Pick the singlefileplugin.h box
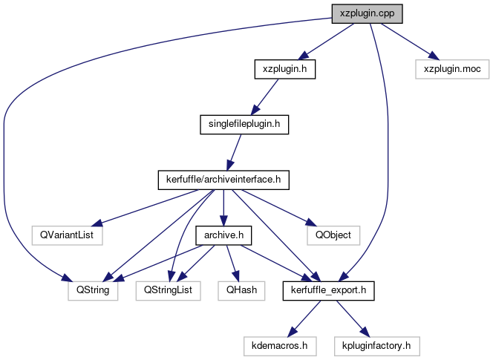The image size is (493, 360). click(x=244, y=124)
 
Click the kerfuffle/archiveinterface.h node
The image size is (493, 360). click(x=223, y=180)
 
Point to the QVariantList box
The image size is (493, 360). click(x=67, y=235)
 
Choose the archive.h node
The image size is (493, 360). click(x=223, y=235)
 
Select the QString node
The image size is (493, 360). click(x=92, y=290)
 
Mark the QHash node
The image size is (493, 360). click(x=243, y=290)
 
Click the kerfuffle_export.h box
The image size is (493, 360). click(x=327, y=290)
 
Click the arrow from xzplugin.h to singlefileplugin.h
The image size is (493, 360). click(x=265, y=96)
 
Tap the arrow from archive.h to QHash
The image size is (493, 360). click(x=233, y=263)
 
